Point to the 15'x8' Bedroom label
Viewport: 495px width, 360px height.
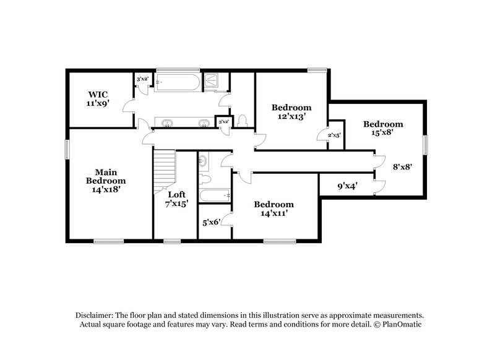[x=382, y=128]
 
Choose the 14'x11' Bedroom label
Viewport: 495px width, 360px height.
[x=273, y=208]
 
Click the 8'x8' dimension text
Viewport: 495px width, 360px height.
[x=403, y=166]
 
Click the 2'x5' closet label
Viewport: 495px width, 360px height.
[x=333, y=134]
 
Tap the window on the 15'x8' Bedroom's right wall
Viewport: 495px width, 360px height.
[x=425, y=144]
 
